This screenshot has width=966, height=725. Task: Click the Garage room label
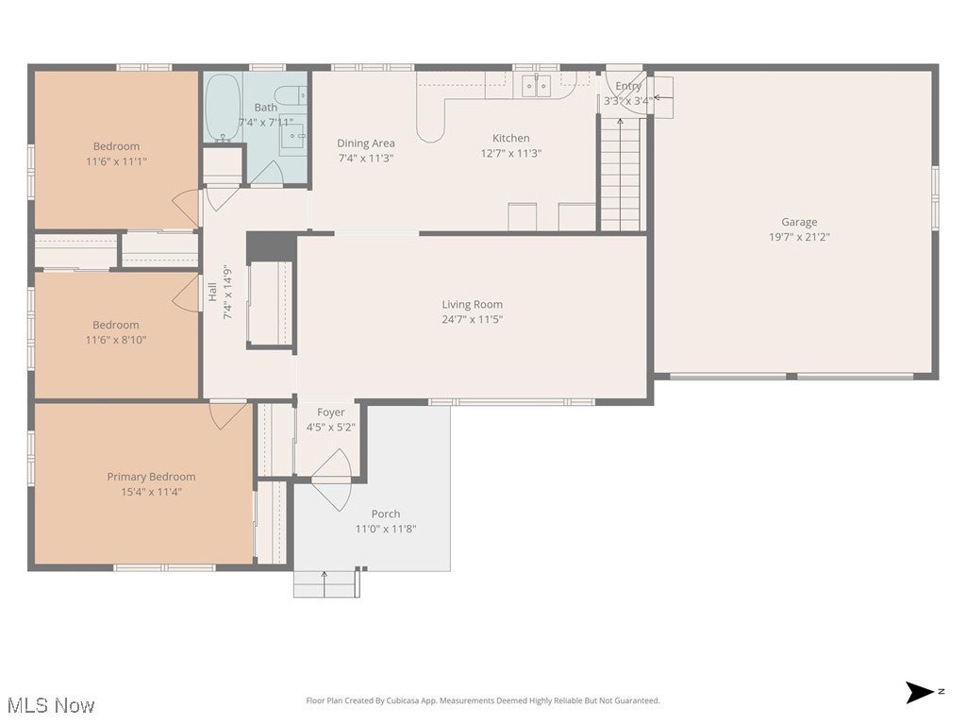[799, 222]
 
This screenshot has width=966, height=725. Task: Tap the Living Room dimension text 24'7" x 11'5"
[473, 319]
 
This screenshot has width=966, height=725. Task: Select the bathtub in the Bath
[223, 107]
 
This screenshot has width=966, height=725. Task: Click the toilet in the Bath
[293, 94]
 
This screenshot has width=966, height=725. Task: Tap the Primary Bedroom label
[151, 477]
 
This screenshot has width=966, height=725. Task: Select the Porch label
[386, 514]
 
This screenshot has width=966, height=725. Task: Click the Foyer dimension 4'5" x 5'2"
[330, 427]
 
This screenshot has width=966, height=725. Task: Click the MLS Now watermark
[50, 705]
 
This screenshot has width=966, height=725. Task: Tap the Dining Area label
[366, 143]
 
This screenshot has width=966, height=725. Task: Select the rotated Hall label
[212, 293]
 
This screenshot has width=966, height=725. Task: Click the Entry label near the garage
[628, 86]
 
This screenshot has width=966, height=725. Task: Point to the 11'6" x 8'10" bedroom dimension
[116, 340]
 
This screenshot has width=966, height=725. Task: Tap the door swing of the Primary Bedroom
[227, 415]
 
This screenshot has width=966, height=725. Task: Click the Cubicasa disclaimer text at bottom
[483, 700]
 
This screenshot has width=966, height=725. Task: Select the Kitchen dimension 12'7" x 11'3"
[510, 153]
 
